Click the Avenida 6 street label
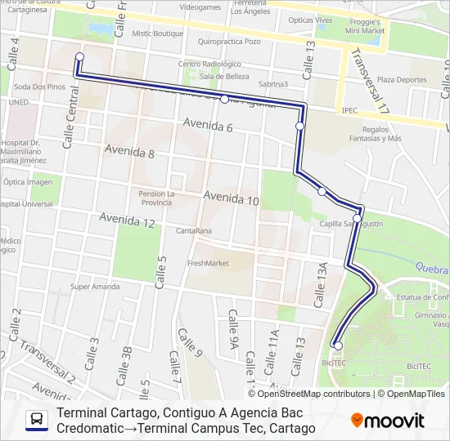[x=209, y=127]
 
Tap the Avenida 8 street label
[x=129, y=152]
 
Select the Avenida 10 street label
[x=231, y=198]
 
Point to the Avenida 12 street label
[x=127, y=220]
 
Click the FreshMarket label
[x=208, y=263]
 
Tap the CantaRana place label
[x=193, y=230]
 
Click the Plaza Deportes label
[x=402, y=80]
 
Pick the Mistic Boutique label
[x=158, y=33]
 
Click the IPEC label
[x=349, y=109]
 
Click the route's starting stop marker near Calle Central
[x=79, y=56]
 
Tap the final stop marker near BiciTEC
[x=338, y=345]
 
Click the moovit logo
[x=388, y=421]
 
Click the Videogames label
[x=200, y=7]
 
